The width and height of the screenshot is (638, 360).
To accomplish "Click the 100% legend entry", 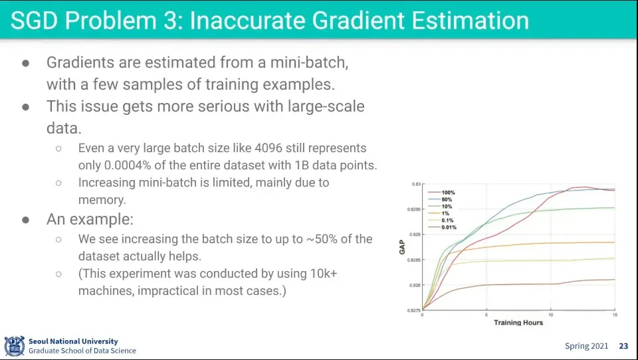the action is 442,193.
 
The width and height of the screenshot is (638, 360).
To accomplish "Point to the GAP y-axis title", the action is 403,247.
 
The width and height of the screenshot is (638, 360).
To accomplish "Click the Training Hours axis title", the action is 518,323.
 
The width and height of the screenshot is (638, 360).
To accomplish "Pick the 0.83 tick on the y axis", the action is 416,184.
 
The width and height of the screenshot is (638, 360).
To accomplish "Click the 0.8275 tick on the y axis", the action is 414,310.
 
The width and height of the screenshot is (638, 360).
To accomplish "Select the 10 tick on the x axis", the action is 551,315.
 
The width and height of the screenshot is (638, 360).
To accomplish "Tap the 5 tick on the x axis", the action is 486,315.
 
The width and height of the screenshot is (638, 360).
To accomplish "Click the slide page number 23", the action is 623,346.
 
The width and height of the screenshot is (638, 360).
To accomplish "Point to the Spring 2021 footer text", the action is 586,346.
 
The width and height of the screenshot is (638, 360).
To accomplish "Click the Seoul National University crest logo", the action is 15,346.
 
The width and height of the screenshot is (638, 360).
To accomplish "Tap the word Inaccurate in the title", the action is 247,21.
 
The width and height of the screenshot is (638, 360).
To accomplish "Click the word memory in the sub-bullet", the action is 102,200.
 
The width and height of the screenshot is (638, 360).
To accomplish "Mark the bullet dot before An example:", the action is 26,220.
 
